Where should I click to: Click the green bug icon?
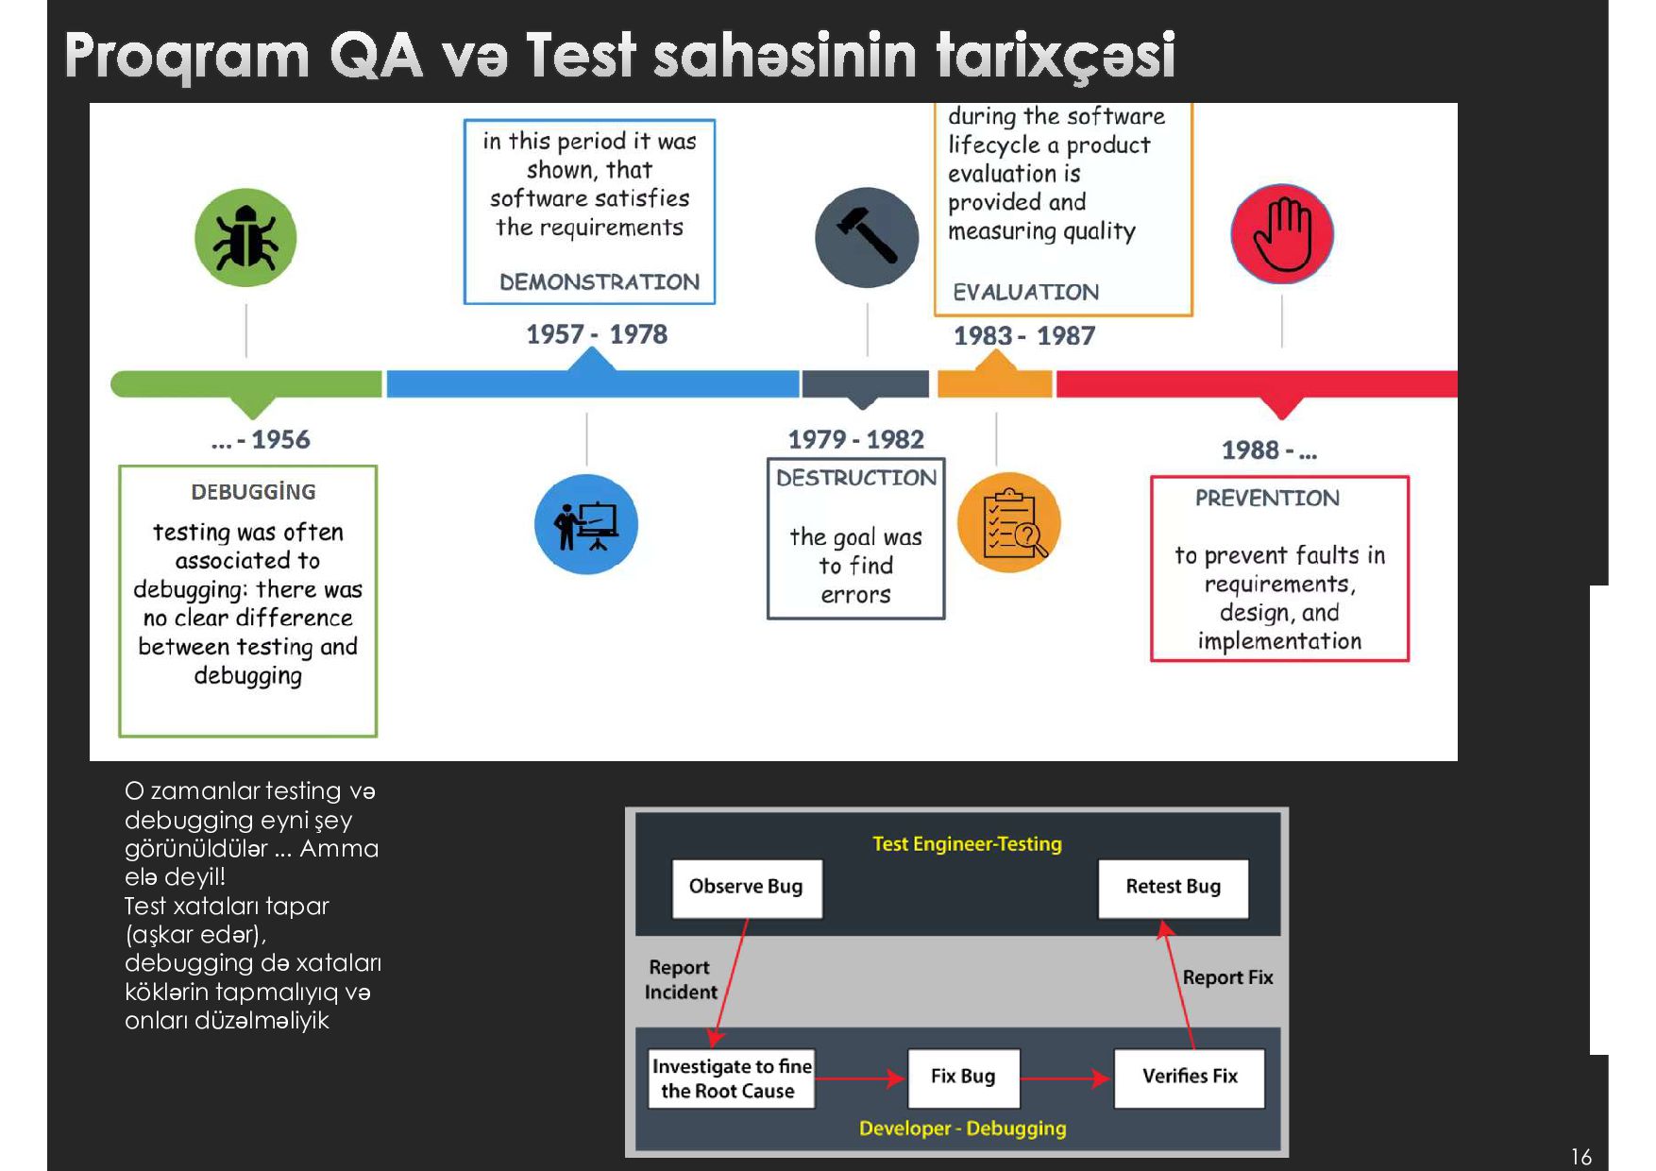click(245, 238)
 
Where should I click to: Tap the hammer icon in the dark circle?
click(867, 237)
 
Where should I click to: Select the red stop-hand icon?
click(1282, 234)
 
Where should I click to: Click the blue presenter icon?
click(586, 524)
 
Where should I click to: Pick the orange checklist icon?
click(1008, 522)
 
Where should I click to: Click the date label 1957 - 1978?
click(597, 334)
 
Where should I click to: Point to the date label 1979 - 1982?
click(855, 439)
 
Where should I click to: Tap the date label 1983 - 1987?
click(1024, 336)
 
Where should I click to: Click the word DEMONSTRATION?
click(600, 282)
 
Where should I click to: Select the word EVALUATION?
click(1025, 293)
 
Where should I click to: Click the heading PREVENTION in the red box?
click(1267, 499)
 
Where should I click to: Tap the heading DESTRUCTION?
click(856, 478)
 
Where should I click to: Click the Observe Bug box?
click(746, 887)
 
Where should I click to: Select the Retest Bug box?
click(1173, 887)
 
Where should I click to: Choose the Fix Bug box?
click(963, 1077)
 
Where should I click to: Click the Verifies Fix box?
click(1190, 1077)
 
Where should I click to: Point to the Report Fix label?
click(1227, 977)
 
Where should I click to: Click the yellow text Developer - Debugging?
click(962, 1129)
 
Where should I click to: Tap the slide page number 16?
click(1581, 1157)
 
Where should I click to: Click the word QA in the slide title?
click(376, 55)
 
